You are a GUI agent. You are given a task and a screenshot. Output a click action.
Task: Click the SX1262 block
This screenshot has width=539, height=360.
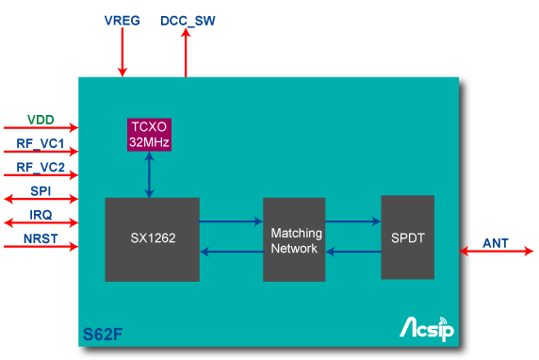click(x=152, y=239)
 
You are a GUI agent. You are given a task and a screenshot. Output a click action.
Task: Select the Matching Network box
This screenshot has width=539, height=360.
click(x=294, y=239)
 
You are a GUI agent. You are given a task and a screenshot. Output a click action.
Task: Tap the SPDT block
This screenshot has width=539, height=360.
click(x=407, y=237)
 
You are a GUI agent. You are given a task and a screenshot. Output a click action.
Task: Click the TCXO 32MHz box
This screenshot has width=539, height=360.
click(x=148, y=135)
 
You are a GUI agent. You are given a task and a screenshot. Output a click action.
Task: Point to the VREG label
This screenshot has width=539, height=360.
click(x=122, y=20)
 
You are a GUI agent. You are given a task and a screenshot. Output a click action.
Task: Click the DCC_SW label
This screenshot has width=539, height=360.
click(x=188, y=20)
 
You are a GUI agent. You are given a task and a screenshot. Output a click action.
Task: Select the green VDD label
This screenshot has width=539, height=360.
click(x=41, y=120)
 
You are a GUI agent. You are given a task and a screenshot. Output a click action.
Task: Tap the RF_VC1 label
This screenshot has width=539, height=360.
click(x=41, y=144)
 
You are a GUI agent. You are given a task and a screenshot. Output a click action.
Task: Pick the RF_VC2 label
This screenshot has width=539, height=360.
click(x=41, y=168)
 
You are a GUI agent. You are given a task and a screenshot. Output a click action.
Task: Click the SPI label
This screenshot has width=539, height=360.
click(x=41, y=192)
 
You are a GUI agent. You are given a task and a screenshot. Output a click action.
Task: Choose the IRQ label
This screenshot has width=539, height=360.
click(x=41, y=216)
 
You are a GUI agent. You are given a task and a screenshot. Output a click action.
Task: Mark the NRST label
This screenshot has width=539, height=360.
click(x=41, y=239)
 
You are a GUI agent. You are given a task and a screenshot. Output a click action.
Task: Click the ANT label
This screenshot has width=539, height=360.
click(x=496, y=243)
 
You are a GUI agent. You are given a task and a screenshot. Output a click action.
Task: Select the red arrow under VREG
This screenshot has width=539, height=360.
click(x=122, y=56)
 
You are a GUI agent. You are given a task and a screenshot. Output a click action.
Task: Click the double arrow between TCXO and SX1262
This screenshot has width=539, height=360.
click(x=148, y=174)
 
